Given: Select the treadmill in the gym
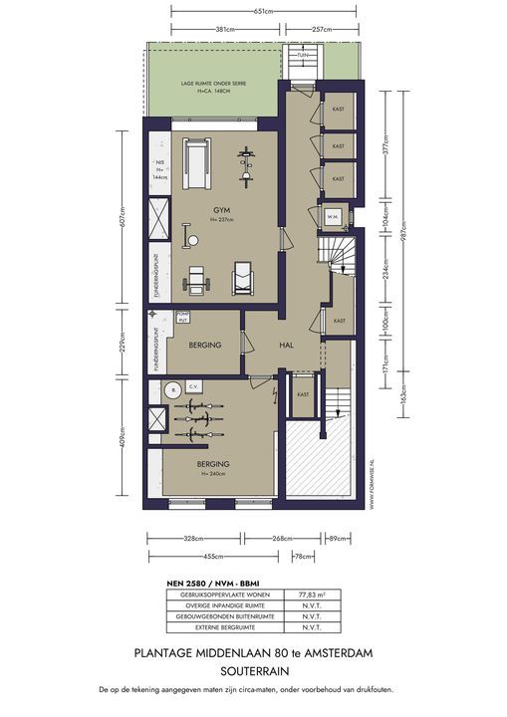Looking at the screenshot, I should tap(197, 158).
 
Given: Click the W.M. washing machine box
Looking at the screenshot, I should tap(333, 216).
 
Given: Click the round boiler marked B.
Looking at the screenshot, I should tap(172, 389).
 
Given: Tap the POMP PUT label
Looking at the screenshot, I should tap(182, 318).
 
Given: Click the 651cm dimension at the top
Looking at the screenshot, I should tap(264, 11).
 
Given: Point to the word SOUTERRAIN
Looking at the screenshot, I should tap(253, 670).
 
